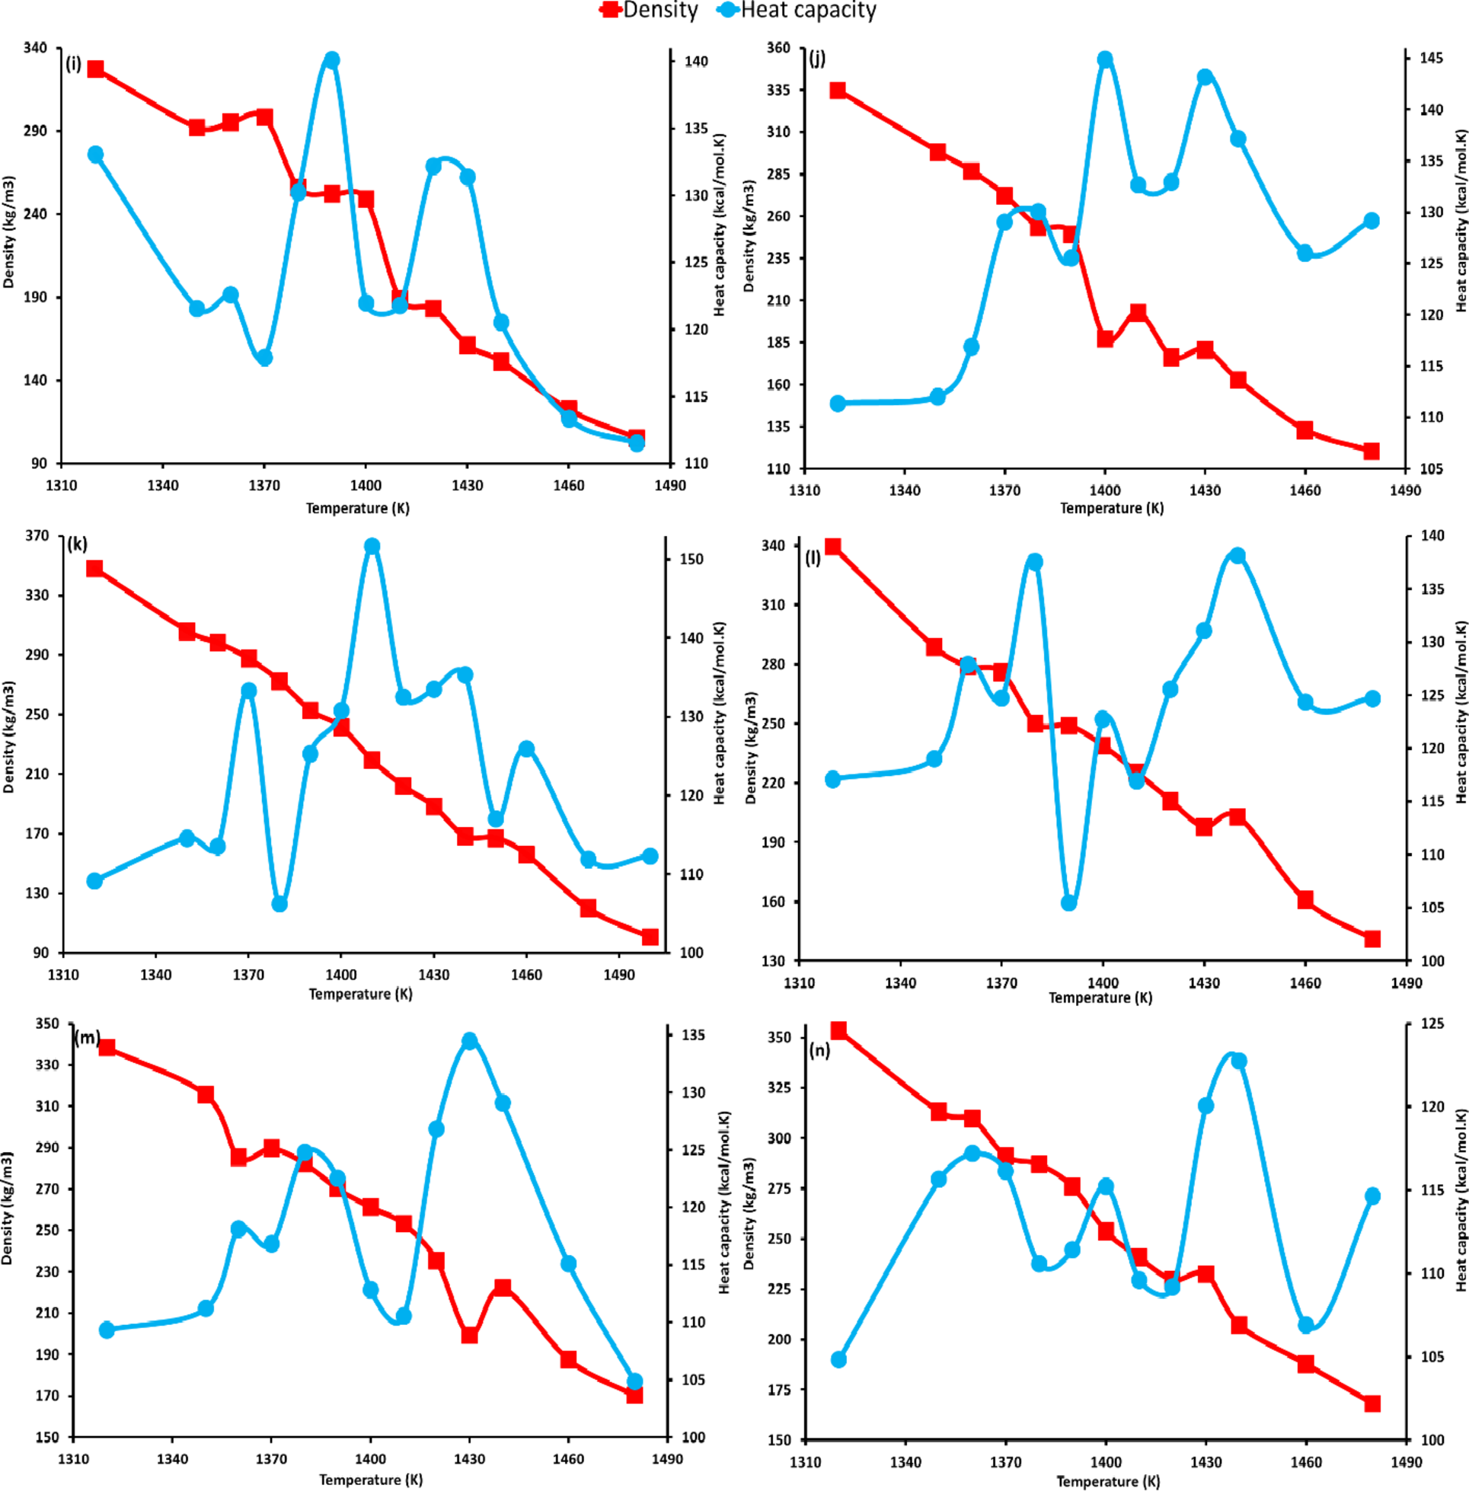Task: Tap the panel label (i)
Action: pos(73,64)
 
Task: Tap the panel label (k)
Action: pos(77,544)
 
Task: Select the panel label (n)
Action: pos(819,1050)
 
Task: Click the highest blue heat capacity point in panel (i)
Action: pos(332,60)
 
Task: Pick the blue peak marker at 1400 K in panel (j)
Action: pos(1105,59)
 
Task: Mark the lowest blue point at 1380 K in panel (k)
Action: pos(279,903)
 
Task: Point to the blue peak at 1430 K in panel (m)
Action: pos(470,1040)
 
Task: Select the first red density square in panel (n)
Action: pos(838,1031)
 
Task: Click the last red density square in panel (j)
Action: pos(1371,452)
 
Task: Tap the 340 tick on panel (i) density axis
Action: pos(36,48)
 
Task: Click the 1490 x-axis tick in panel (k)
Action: pos(619,974)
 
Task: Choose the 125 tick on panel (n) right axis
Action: pos(1432,1023)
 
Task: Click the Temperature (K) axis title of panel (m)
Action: pos(371,1480)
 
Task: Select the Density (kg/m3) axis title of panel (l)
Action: pos(751,748)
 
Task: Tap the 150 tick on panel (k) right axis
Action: pos(691,559)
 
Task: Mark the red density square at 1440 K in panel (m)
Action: pos(503,1288)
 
